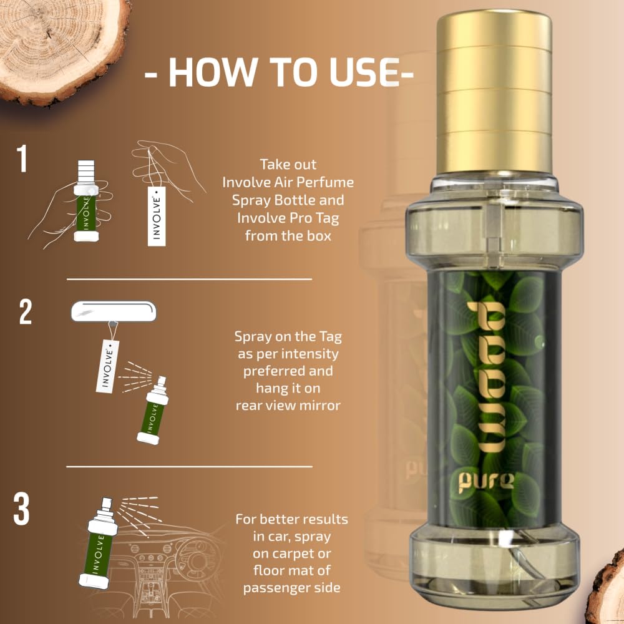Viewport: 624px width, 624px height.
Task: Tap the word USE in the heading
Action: (x=364, y=72)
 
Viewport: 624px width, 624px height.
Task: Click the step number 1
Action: (x=22, y=158)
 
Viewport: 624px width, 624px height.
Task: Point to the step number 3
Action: (x=21, y=508)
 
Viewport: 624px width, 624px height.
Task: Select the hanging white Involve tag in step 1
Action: (x=157, y=216)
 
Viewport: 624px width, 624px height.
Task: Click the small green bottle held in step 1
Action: (x=86, y=201)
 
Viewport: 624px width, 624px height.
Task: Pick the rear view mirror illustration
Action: (x=114, y=311)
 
